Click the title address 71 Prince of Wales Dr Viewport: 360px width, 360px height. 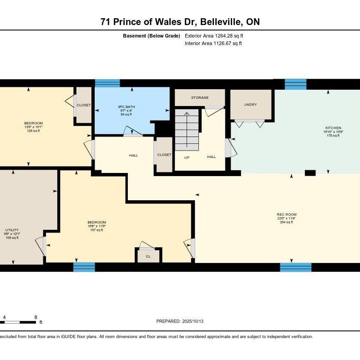[x=180, y=22]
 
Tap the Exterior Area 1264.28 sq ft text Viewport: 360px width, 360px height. [x=217, y=36]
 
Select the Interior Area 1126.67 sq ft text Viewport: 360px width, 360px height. [x=213, y=44]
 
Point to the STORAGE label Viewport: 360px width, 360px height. [x=200, y=98]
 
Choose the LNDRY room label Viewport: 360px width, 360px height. [x=250, y=105]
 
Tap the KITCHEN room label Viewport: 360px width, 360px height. [x=333, y=128]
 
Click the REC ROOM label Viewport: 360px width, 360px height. [x=286, y=214]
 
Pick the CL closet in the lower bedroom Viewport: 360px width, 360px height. [x=148, y=256]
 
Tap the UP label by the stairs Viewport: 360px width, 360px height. [x=187, y=157]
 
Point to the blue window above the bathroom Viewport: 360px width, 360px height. [x=107, y=83]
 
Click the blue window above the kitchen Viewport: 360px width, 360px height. [x=295, y=84]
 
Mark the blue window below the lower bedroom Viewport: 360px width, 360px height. [x=84, y=267]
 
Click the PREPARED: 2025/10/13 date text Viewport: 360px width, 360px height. [x=180, y=321]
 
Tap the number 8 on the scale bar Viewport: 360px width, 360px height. [x=35, y=317]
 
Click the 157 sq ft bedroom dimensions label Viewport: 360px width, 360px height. [x=96, y=226]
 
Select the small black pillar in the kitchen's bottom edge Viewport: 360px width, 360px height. [x=310, y=172]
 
